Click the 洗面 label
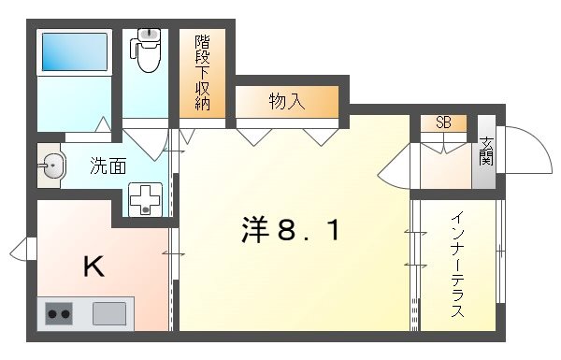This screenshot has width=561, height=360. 108,167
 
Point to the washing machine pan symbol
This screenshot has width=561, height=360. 145,198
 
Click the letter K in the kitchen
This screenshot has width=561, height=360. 93,267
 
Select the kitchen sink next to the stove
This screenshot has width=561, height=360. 109,313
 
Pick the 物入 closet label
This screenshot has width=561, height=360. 286,101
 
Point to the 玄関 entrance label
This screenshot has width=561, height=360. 486,151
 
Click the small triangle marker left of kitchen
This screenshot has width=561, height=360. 19,250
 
